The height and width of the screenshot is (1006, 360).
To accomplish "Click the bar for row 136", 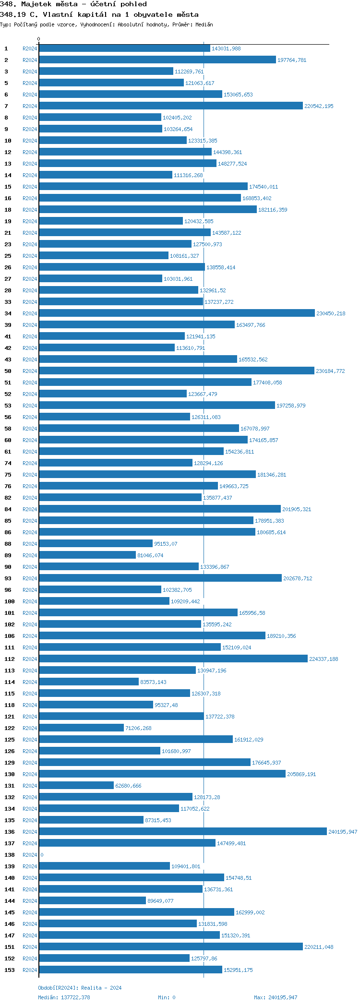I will click(x=182, y=832).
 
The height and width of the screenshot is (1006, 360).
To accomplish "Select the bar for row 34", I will click(x=177, y=313).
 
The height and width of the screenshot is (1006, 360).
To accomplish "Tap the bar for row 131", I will click(x=76, y=786).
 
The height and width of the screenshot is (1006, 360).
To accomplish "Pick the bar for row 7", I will click(x=171, y=106).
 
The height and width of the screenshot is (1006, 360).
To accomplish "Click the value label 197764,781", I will click(x=292, y=60).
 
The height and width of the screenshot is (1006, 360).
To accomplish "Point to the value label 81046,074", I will click(x=150, y=556).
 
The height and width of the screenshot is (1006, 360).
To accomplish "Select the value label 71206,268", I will click(x=138, y=729).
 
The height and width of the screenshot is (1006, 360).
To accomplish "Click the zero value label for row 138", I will click(x=42, y=855).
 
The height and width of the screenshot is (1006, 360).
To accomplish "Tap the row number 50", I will click(x=8, y=371).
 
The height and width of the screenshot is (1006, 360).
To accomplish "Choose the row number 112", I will click(x=10, y=659).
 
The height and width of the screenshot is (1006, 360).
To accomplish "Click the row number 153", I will click(x=10, y=970).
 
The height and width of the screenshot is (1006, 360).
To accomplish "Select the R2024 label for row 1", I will click(x=30, y=48).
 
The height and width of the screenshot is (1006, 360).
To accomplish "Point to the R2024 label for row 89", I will click(x=30, y=555).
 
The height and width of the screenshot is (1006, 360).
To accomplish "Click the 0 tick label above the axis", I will click(x=39, y=39).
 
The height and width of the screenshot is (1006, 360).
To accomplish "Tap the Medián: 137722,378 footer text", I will click(x=64, y=997).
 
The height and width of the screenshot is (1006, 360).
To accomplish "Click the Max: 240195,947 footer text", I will click(x=276, y=997).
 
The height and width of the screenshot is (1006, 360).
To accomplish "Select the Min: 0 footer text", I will click(x=167, y=997).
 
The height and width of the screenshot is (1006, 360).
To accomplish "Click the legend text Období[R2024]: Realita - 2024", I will click(x=80, y=988).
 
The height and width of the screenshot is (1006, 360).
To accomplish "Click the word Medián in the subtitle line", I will click(x=204, y=24).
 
